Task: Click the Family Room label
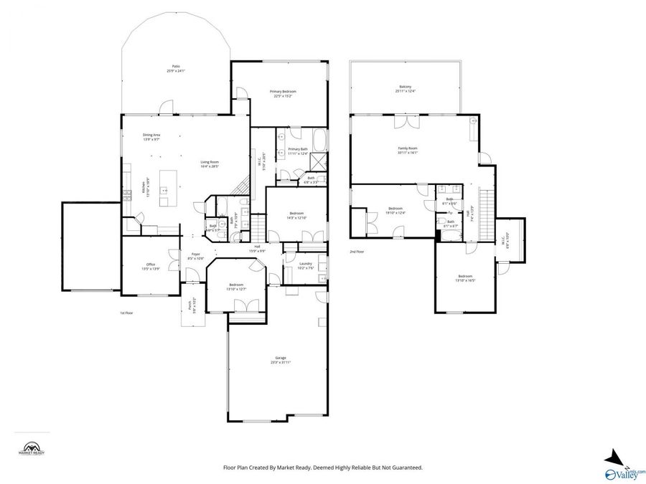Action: click(x=407, y=150)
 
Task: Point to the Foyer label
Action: click(x=196, y=256)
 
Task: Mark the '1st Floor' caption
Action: click(x=127, y=313)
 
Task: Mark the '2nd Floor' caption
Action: click(x=357, y=252)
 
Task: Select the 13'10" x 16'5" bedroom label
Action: click(x=465, y=278)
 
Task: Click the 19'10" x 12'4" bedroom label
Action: click(x=395, y=210)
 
